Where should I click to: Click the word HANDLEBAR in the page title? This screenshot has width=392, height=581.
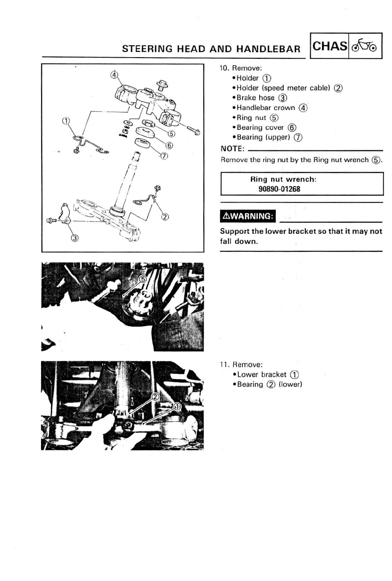pos(268,49)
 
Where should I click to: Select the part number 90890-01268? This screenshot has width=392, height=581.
pos(279,189)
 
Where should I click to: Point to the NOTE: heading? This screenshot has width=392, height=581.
pos(232,149)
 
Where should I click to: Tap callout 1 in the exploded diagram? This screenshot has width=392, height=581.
pos(66,121)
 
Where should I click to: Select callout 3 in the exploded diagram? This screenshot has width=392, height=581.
pos(75,238)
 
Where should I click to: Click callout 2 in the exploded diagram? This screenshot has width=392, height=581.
pos(164,216)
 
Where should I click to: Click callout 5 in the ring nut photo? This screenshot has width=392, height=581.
pos(143,279)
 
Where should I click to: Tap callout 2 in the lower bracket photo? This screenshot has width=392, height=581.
pos(155,397)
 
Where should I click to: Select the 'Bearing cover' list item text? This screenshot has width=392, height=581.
pos(260,127)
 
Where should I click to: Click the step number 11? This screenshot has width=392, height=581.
pos(224,364)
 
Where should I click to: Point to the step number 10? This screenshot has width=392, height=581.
pos(224,68)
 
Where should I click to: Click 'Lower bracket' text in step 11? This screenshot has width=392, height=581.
pos(262,374)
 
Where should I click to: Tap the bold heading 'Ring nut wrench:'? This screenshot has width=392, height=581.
pos(283,179)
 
